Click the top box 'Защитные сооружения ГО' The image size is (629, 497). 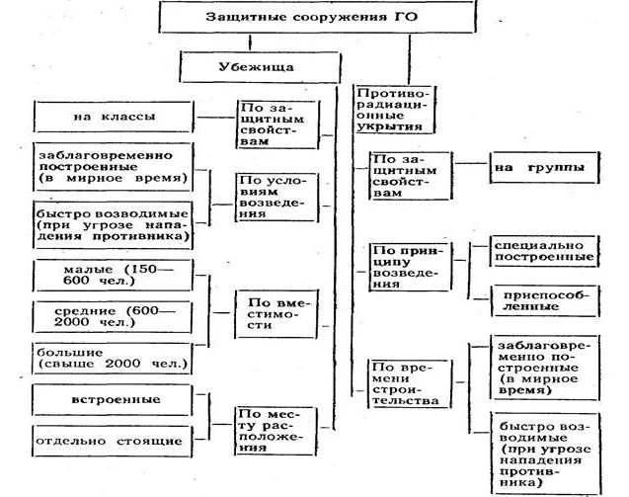click(x=311, y=18)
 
